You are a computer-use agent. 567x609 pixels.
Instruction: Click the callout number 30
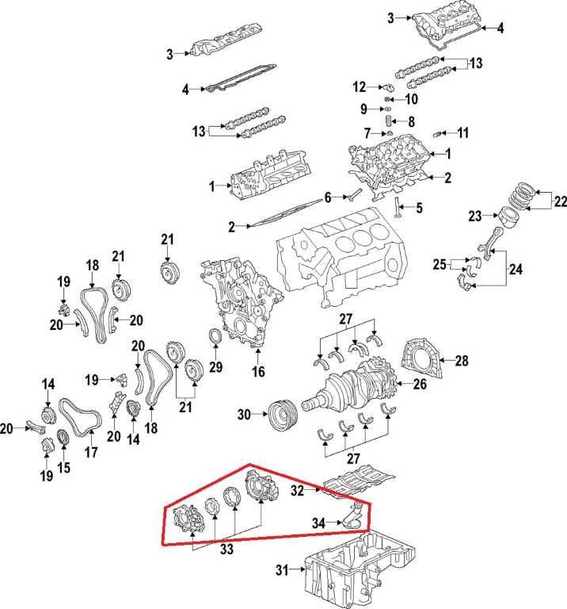(243, 414)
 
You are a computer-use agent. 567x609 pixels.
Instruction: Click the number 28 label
(462, 361)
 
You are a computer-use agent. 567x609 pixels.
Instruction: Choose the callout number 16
(257, 371)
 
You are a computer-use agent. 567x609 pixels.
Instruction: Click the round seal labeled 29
(215, 339)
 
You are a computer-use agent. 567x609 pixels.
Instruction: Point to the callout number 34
(318, 523)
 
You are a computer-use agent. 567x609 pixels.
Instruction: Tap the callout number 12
(359, 86)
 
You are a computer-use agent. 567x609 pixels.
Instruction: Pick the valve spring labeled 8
(389, 121)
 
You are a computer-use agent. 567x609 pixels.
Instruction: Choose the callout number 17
(91, 454)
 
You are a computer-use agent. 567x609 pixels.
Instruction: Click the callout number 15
(63, 467)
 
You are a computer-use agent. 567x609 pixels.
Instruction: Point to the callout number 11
(463, 132)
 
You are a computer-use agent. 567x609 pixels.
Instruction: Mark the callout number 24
(516, 269)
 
